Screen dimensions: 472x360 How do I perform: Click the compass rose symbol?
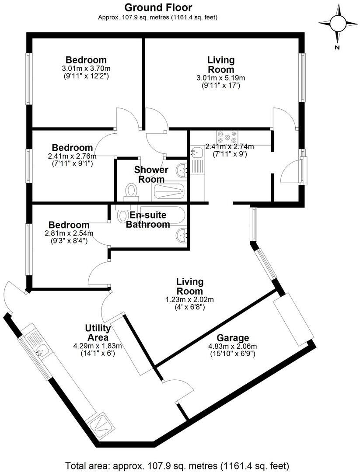tap(337, 24)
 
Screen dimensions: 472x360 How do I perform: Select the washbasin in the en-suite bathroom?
tap(182, 236)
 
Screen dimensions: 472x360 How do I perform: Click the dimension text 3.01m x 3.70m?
tap(86, 69)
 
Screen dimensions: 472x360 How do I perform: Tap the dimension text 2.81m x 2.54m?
tap(69, 233)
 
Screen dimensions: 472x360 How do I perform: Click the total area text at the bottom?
tap(177, 465)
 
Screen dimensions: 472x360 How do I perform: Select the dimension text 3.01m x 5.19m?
tap(220, 78)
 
